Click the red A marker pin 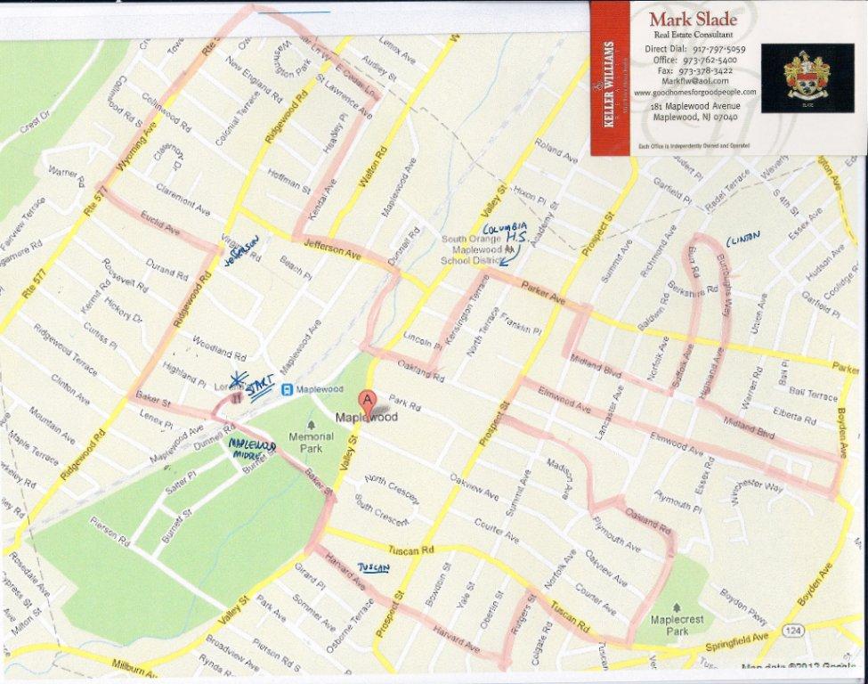click(x=367, y=400)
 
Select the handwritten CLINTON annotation click(x=743, y=239)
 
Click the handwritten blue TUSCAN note click(x=373, y=567)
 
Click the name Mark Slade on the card click(x=685, y=20)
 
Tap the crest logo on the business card click(x=807, y=77)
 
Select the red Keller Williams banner click(x=610, y=77)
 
